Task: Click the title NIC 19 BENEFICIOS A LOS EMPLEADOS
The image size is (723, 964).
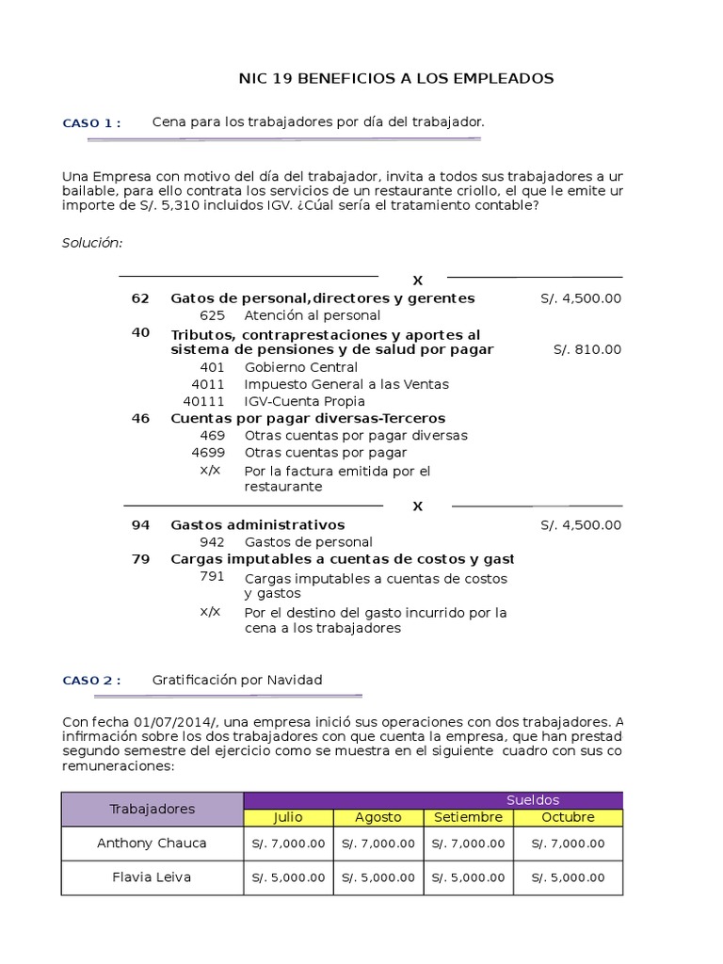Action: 395,78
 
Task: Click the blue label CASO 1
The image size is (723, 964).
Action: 91,123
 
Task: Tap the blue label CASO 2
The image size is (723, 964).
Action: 91,681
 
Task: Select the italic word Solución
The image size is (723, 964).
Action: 92,243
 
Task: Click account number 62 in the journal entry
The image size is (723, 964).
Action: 140,298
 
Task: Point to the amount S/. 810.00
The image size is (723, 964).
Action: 587,349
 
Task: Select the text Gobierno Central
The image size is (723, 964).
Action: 300,367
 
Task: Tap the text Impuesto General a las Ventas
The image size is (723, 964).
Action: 346,384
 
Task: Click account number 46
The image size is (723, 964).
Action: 140,418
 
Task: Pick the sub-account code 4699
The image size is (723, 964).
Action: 208,452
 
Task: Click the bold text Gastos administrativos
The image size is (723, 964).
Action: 257,524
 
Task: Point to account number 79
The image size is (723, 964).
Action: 140,558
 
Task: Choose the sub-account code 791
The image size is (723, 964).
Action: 213,577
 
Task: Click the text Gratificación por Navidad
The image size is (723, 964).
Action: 237,680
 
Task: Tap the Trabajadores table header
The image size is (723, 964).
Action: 153,809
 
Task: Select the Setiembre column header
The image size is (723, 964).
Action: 468,817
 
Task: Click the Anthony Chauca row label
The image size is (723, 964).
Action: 152,843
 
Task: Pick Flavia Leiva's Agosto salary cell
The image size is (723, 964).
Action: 378,877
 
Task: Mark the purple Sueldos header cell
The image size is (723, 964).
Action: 532,800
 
